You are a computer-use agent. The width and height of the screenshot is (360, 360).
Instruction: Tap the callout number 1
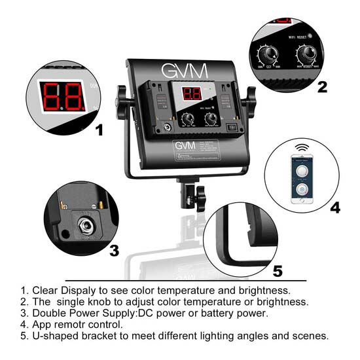[99, 129]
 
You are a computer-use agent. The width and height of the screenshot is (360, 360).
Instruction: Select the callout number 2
[322, 86]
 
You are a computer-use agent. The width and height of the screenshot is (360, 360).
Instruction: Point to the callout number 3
[113, 249]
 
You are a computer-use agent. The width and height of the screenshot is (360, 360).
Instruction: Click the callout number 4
[335, 208]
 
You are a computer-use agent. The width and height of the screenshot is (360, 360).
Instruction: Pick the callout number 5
[278, 270]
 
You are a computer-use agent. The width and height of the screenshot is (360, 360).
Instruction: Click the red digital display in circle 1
[62, 96]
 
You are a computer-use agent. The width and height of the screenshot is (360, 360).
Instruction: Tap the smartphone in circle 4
[302, 179]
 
